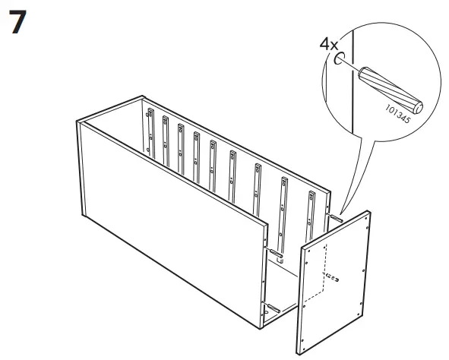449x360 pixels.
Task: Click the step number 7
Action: tap(19, 24)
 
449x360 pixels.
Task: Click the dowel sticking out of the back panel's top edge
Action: tap(334, 218)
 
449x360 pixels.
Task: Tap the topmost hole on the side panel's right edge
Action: tap(368, 225)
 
